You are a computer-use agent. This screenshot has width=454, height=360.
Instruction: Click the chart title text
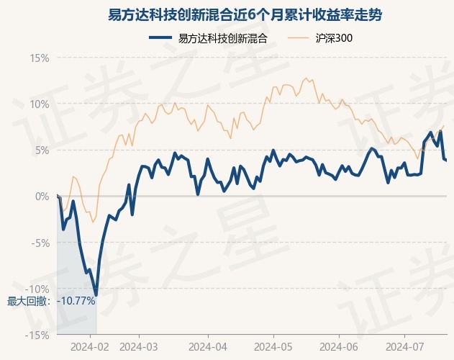[x=245, y=15]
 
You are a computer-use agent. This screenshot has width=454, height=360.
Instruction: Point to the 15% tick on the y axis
[x=40, y=58]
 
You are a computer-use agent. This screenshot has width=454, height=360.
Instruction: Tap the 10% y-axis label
[x=40, y=104]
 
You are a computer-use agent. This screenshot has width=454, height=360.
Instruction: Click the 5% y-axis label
[x=42, y=150]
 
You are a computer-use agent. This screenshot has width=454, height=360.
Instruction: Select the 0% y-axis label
[x=42, y=197]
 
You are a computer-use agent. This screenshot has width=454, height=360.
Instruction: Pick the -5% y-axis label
[x=40, y=243]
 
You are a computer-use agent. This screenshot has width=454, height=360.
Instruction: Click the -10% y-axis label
[x=37, y=289]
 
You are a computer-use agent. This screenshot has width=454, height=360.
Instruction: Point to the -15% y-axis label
[x=37, y=335]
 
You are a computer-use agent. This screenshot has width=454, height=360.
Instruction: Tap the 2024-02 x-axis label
[x=90, y=346]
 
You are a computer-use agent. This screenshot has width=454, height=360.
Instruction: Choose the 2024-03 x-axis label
[x=139, y=346]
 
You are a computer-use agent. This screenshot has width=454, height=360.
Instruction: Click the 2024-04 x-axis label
[x=208, y=346]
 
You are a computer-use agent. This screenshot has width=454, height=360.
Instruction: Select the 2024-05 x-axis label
[x=273, y=346]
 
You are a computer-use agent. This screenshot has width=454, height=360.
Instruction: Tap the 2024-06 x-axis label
[x=339, y=346]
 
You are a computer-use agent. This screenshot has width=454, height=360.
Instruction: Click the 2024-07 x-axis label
[x=404, y=346]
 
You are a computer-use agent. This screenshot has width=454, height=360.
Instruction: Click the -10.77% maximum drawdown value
[x=76, y=301]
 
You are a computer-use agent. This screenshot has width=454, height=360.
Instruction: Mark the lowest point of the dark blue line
[x=96, y=295]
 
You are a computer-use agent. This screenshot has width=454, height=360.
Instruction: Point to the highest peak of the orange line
[x=306, y=78]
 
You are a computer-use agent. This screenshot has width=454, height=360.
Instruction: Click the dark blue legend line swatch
[x=160, y=37]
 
